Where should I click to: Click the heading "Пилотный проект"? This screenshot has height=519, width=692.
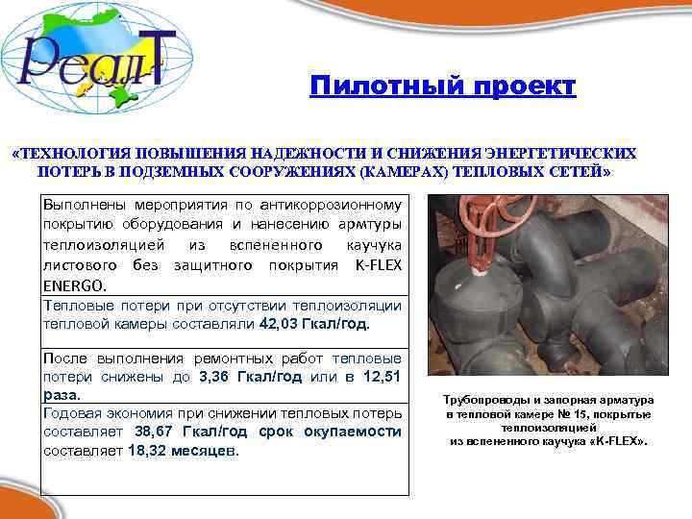443,87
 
